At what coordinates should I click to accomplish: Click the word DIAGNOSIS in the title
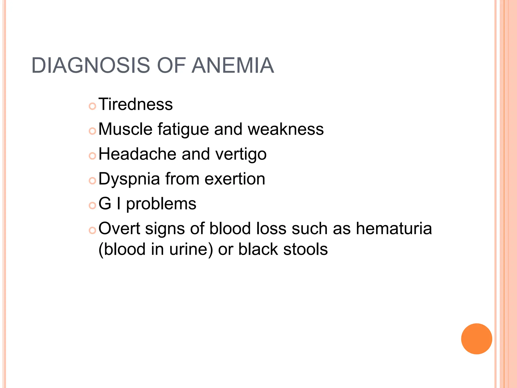pyautogui.click(x=91, y=66)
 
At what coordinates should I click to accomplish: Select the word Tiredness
pyautogui.click(x=136, y=104)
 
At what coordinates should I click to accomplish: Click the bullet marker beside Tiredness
pyautogui.click(x=93, y=106)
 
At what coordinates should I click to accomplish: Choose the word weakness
pyautogui.click(x=286, y=129)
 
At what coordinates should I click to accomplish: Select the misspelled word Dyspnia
pyautogui.click(x=129, y=179)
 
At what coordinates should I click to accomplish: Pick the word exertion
pyautogui.click(x=235, y=179)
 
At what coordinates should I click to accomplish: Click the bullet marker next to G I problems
pyautogui.click(x=93, y=206)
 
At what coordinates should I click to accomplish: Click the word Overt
pyautogui.click(x=119, y=229)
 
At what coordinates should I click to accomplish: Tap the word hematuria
pyautogui.click(x=394, y=229)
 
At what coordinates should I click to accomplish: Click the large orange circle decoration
pyautogui.click(x=476, y=339)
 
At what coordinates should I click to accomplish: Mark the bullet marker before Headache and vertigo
pyautogui.click(x=93, y=156)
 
